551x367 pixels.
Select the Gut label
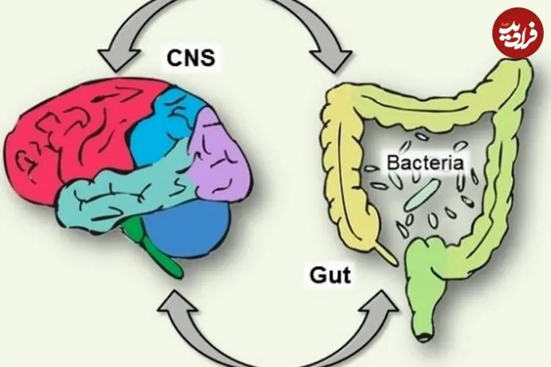(330, 275)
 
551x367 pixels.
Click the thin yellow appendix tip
(386, 254)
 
